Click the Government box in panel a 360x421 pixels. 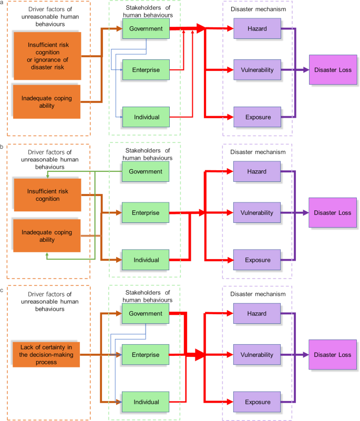pyautogui.click(x=146, y=29)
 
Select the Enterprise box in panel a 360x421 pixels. pyautogui.click(x=146, y=69)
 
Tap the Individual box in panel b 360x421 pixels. pyautogui.click(x=146, y=260)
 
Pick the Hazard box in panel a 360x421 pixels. pyautogui.click(x=254, y=29)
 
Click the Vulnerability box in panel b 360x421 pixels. pyautogui.click(x=254, y=212)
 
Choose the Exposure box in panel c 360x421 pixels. pyautogui.click(x=254, y=402)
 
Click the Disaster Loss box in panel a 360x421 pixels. pyautogui.click(x=333, y=69)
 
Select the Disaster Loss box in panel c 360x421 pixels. pyautogui.click(x=333, y=355)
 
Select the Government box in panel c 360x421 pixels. pyautogui.click(x=146, y=314)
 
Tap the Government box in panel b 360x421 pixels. pyautogui.click(x=146, y=171)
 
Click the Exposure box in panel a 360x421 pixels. pyautogui.click(x=254, y=117)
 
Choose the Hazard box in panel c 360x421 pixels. pyautogui.click(x=254, y=314)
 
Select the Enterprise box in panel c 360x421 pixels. pyautogui.click(x=146, y=355)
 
